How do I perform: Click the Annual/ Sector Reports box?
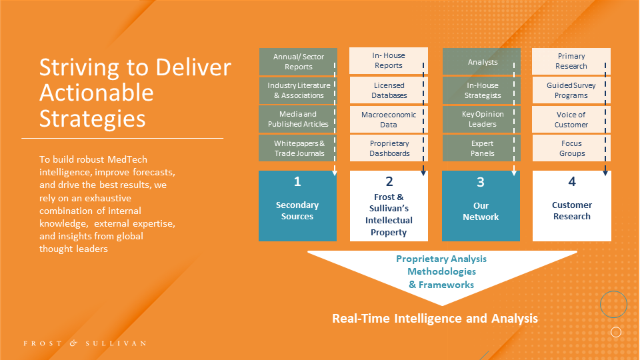pos(298,61)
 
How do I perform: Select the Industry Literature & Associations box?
pos(298,90)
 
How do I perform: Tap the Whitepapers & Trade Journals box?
pos(298,148)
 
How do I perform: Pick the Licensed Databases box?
pos(389,90)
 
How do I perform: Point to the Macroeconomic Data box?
pos(389,119)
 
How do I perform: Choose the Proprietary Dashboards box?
pos(389,148)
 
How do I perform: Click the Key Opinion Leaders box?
pos(482,119)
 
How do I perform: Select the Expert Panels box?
pos(482,148)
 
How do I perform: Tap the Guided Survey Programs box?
pos(571,90)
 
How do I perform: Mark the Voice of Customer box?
pos(571,119)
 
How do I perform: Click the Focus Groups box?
pos(571,148)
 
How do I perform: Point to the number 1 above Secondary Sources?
pos(297,181)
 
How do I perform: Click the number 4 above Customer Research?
pos(572,181)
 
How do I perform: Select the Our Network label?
pos(481,211)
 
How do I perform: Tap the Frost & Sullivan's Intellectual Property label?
pos(389,215)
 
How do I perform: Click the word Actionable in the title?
pos(96,93)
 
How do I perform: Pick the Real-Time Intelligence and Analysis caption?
pos(435,318)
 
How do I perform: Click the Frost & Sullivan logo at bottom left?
pos(85,343)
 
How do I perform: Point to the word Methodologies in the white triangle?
pos(441,271)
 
